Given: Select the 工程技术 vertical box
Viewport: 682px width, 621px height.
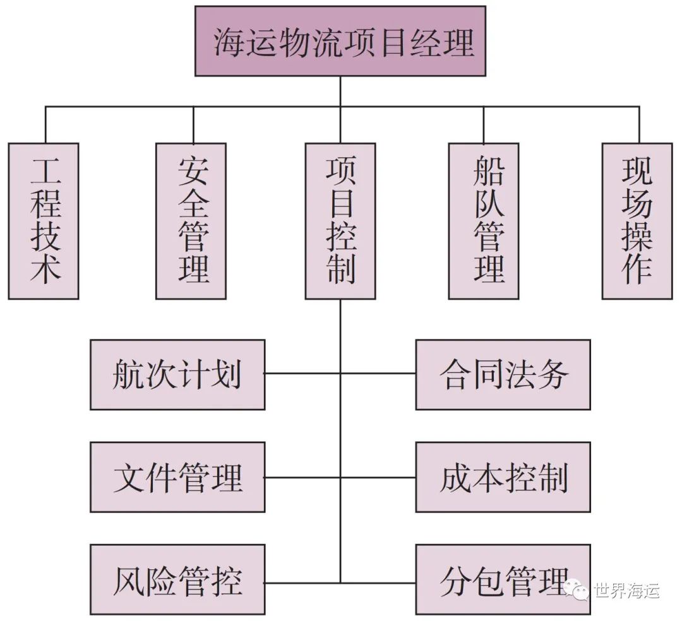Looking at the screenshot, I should [44, 221].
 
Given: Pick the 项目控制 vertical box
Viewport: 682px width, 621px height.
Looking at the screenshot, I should [340, 221].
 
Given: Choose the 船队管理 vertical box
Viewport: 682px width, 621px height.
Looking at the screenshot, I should [484, 221].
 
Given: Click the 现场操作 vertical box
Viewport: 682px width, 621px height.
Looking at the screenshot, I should [637, 221].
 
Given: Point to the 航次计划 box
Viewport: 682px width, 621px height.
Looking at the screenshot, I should [177, 375].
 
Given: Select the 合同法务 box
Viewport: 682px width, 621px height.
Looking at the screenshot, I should [503, 375].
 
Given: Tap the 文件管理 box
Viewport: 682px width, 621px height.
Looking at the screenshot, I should [177, 477].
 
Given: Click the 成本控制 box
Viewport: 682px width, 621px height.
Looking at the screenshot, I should [503, 477].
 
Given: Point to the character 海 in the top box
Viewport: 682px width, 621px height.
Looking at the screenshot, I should [228, 42].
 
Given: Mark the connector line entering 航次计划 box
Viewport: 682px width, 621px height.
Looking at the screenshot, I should [302, 374].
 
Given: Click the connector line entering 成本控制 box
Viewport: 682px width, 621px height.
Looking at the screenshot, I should [378, 476].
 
